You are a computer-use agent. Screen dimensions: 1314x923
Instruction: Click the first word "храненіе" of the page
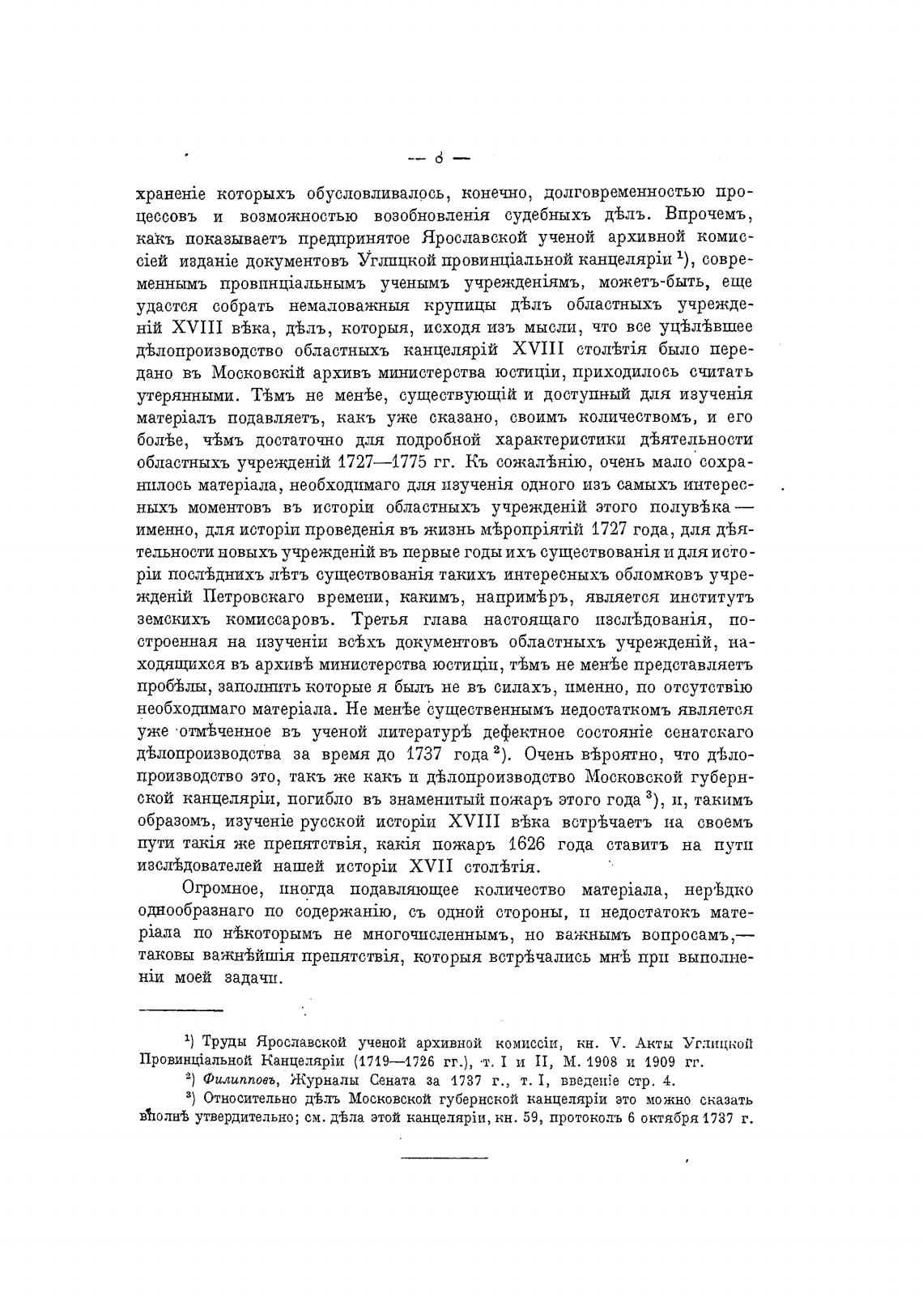pos(169,194)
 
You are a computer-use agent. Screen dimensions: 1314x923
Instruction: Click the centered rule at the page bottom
pos(445,1159)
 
